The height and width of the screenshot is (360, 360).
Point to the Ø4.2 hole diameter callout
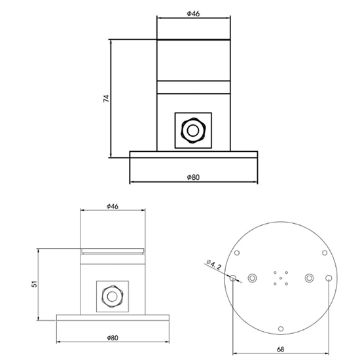[x=214, y=266]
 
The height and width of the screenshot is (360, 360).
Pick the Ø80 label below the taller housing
[x=193, y=177]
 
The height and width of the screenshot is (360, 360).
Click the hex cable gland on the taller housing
[x=192, y=130]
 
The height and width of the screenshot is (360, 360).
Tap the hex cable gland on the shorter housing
[x=112, y=297]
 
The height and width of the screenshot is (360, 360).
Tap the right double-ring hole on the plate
[x=308, y=278]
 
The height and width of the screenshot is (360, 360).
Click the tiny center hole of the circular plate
[x=280, y=281]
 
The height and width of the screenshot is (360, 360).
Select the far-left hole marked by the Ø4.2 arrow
[x=232, y=278]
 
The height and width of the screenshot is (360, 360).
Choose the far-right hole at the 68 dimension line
[x=328, y=278]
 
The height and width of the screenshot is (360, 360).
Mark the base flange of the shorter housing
[x=112, y=318]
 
